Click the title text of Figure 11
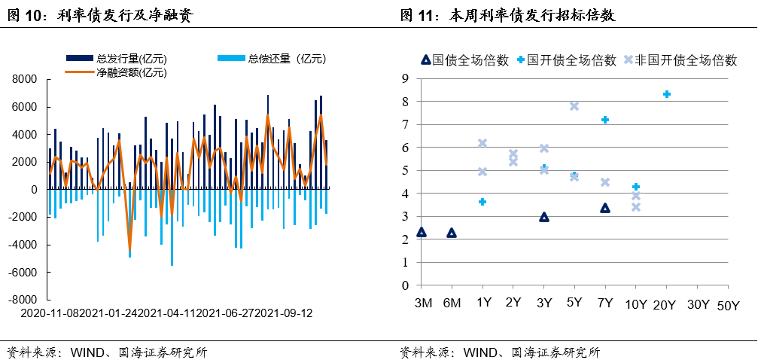508,15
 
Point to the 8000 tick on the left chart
26,79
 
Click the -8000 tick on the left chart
25,300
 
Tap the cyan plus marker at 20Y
666,94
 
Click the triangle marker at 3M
422,232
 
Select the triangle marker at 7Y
604,208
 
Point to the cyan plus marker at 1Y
482,202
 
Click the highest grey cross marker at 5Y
574,106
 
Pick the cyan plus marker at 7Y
604,120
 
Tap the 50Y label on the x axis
728,305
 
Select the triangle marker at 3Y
544,217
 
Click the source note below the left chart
106,352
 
